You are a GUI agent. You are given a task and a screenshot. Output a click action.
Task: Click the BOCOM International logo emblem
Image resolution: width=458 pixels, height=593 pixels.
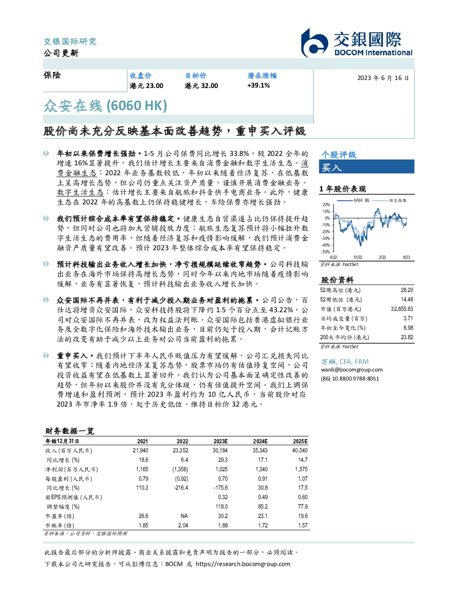pyautogui.click(x=314, y=43)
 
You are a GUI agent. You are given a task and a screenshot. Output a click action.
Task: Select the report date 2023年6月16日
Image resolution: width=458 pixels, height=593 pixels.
pyautogui.click(x=383, y=78)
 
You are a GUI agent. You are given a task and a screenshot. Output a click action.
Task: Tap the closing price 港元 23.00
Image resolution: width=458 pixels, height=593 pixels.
pyautogui.click(x=146, y=86)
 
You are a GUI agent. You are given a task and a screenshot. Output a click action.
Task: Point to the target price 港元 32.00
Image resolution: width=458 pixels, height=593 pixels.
pyautogui.click(x=201, y=86)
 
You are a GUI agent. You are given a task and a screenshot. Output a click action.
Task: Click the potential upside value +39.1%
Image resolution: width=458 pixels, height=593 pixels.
pyautogui.click(x=258, y=85)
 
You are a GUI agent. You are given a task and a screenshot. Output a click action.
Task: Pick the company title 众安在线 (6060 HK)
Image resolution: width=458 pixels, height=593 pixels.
pyautogui.click(x=105, y=106)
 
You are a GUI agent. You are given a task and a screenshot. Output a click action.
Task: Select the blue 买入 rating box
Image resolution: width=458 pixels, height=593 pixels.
pyautogui.click(x=366, y=167)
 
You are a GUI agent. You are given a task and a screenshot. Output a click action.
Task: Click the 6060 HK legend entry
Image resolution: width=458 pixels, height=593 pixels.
pyautogui.click(x=353, y=200)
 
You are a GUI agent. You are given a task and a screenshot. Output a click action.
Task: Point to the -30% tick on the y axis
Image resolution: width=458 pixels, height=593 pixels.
pyautogui.click(x=326, y=239)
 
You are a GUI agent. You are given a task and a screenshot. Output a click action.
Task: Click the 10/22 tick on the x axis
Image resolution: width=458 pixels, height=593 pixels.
pyautogui.click(x=357, y=257)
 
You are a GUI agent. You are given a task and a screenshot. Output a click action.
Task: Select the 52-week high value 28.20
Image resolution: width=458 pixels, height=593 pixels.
pyautogui.click(x=407, y=290)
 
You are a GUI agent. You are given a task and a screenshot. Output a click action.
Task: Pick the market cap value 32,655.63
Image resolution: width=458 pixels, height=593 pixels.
pyautogui.click(x=402, y=309)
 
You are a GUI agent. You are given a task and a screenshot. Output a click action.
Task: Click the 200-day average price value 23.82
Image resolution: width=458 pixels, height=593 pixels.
pyautogui.click(x=407, y=337)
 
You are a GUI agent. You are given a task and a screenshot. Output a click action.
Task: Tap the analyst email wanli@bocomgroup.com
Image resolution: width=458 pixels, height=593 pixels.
pyautogui.click(x=352, y=370)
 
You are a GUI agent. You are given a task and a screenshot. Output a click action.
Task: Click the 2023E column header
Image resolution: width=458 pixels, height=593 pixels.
pyautogui.click(x=220, y=442)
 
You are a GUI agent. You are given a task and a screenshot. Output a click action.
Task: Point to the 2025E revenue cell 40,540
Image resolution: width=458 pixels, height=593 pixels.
pyautogui.click(x=300, y=451)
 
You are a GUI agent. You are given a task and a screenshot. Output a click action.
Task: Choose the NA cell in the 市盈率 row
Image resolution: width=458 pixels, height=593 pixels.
pyautogui.click(x=184, y=516)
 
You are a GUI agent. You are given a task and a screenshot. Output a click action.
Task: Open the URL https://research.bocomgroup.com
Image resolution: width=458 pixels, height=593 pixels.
pyautogui.click(x=243, y=564)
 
